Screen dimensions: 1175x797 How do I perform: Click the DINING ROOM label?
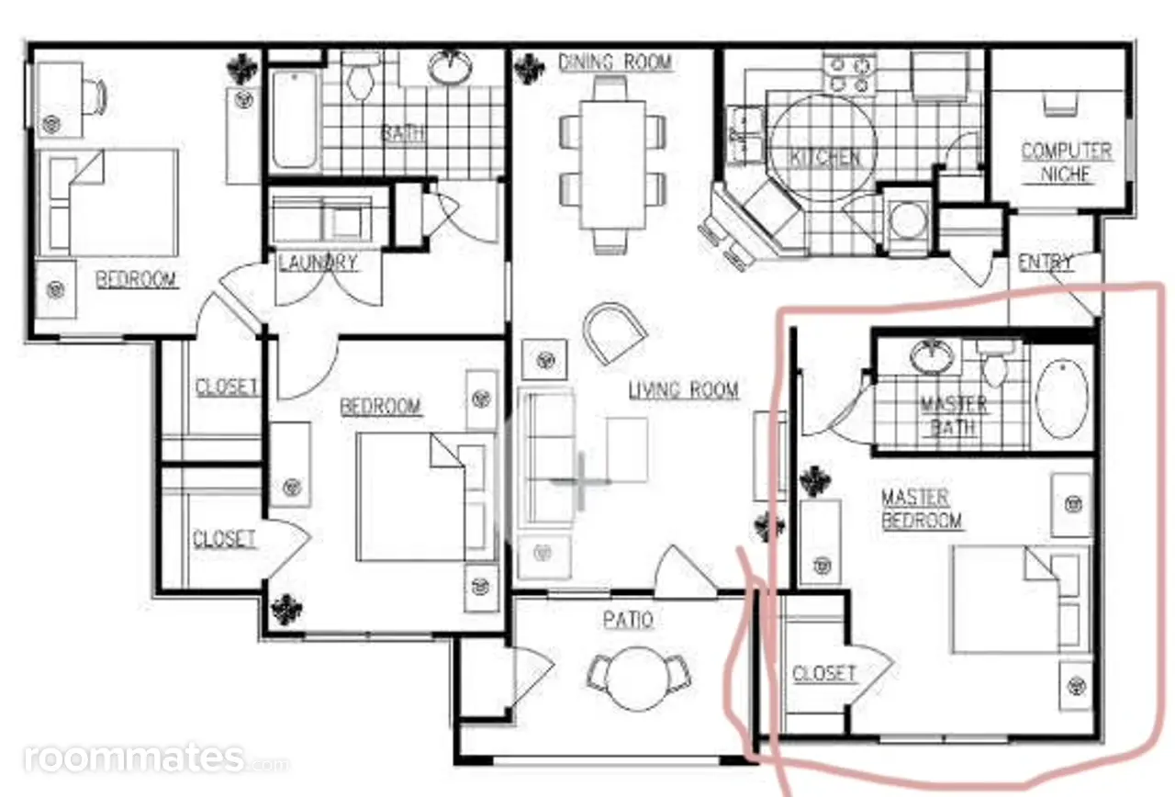(615, 62)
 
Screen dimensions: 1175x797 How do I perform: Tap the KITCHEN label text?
(825, 158)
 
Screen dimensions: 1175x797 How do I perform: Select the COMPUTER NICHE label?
(1066, 163)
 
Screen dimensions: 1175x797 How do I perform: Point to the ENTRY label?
(1046, 263)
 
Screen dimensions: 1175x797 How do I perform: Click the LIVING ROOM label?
(684, 390)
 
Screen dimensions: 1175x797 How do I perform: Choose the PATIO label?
(628, 620)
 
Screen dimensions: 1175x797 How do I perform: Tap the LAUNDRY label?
(318, 263)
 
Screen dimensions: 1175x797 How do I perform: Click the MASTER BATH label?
(954, 416)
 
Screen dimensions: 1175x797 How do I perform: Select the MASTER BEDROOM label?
(922, 509)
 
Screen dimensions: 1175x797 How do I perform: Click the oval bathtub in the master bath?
(1062, 398)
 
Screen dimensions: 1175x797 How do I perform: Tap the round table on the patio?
(637, 679)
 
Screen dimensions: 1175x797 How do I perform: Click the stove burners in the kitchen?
(850, 73)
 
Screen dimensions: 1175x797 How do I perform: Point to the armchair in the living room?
(614, 332)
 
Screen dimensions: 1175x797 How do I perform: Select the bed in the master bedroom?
(1020, 600)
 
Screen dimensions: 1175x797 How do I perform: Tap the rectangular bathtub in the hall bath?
(294, 119)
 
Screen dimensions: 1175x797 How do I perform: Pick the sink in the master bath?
(931, 357)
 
